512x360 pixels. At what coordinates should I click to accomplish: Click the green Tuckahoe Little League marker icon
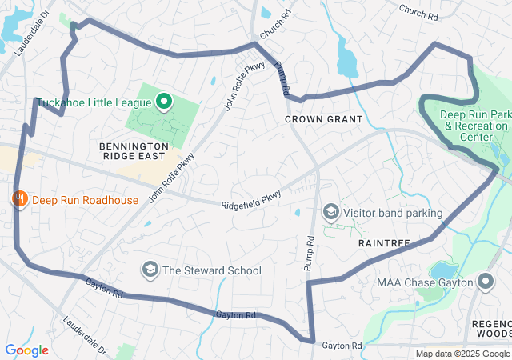pos(164,101)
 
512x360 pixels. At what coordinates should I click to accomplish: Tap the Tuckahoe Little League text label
pos(93,102)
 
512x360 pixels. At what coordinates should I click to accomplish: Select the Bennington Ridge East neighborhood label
pos(134,152)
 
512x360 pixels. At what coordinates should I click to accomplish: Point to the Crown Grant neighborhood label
pos(324,119)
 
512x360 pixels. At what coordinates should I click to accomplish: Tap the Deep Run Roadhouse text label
pos(85,200)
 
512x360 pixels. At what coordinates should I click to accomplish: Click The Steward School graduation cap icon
pos(149,270)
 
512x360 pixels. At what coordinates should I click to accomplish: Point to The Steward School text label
pos(212,270)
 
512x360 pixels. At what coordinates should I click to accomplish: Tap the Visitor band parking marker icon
pos(330,212)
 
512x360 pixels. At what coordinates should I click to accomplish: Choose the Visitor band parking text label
pos(393,214)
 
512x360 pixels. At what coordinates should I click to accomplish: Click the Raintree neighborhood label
pos(384,242)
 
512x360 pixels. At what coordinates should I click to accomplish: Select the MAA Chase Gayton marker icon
pos(486,281)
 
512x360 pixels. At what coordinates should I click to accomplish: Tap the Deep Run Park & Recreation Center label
pos(477,126)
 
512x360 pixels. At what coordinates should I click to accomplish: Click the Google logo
pos(26,350)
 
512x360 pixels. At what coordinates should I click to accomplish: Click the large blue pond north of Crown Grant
pos(348,58)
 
